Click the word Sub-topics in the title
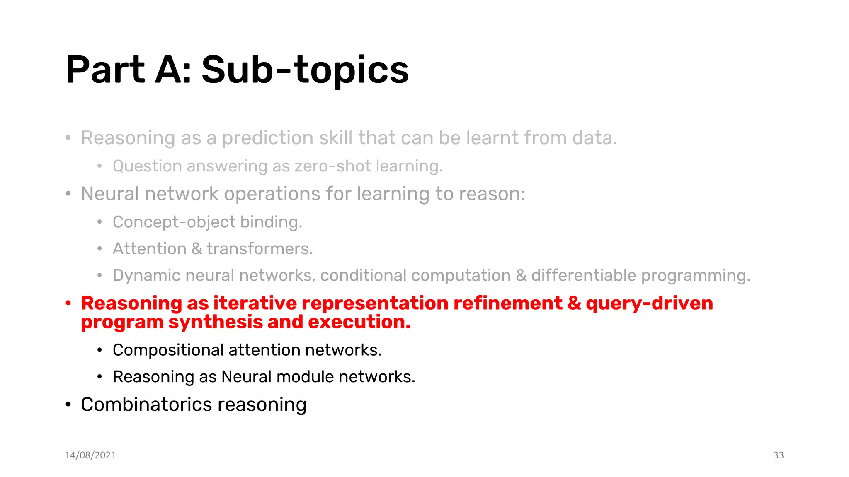click(x=305, y=70)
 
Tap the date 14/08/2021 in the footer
click(x=90, y=455)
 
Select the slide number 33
click(x=778, y=455)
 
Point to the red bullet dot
click(x=68, y=303)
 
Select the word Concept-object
click(x=174, y=222)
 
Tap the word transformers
click(x=260, y=249)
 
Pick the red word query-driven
click(x=649, y=304)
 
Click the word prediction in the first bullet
click(x=267, y=138)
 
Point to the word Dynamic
click(x=146, y=276)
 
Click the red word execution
click(x=359, y=322)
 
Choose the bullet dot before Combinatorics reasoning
click(x=68, y=405)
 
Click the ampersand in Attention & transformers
click(x=196, y=249)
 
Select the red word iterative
click(x=255, y=304)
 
